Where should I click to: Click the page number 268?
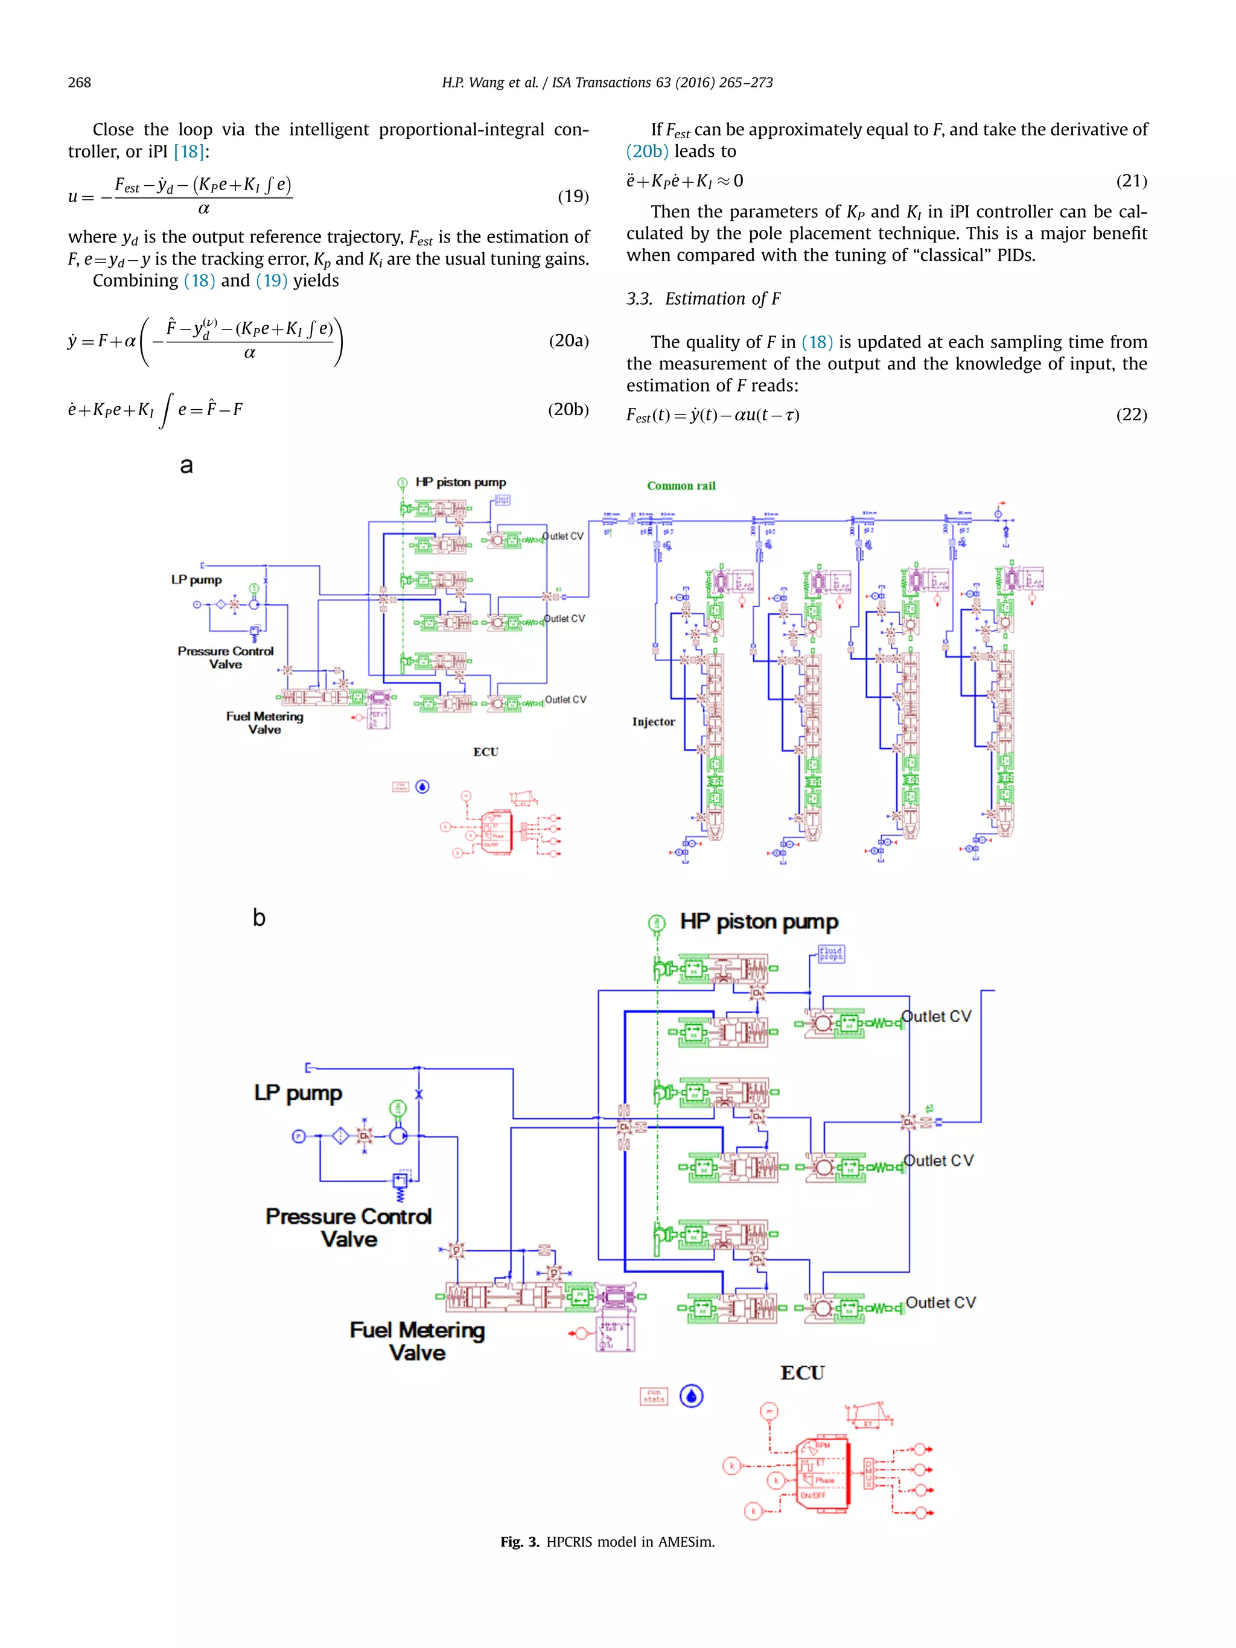(x=79, y=83)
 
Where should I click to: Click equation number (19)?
(x=573, y=197)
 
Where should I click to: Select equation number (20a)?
(x=569, y=341)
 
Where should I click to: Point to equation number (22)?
(x=1131, y=415)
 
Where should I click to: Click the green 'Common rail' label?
(x=680, y=486)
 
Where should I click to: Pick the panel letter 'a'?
(x=186, y=466)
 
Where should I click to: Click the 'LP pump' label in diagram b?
(x=298, y=1093)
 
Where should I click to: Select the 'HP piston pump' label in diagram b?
(x=759, y=922)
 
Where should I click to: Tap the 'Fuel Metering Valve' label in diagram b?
(x=416, y=1341)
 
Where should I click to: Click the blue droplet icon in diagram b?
(x=692, y=1396)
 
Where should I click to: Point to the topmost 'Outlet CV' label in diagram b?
(x=936, y=1017)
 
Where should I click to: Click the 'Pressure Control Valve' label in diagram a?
(x=225, y=658)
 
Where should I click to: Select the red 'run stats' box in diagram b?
(x=654, y=1396)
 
